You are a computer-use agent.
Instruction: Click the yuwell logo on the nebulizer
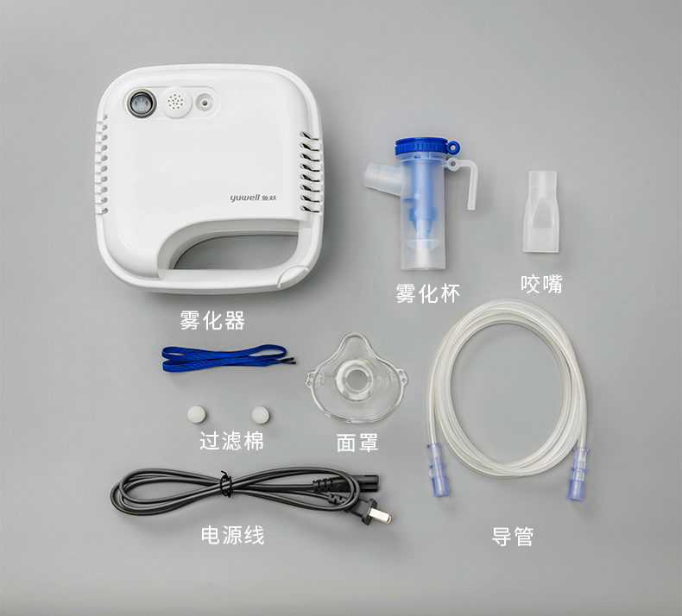coord(254,198)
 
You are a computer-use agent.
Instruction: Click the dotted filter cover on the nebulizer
coord(177,103)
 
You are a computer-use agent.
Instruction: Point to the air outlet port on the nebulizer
coord(205,103)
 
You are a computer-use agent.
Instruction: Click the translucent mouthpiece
coord(541,211)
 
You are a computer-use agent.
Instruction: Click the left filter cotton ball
coord(196,414)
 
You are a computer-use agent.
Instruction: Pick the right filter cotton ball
coord(260,415)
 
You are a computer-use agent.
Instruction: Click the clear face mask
coord(357,379)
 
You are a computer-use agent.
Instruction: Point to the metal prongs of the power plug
coord(382,516)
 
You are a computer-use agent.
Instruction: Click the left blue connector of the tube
coord(438,470)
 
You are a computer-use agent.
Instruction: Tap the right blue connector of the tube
coord(578,473)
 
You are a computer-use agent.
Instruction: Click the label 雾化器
coord(212,320)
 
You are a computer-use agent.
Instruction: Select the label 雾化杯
coord(427,293)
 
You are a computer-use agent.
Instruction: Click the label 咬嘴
coord(541,284)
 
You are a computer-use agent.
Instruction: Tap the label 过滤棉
coord(231,441)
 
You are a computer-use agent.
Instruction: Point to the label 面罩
coord(357,443)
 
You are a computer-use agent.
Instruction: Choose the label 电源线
coord(233,535)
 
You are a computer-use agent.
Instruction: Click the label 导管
coord(513,537)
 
